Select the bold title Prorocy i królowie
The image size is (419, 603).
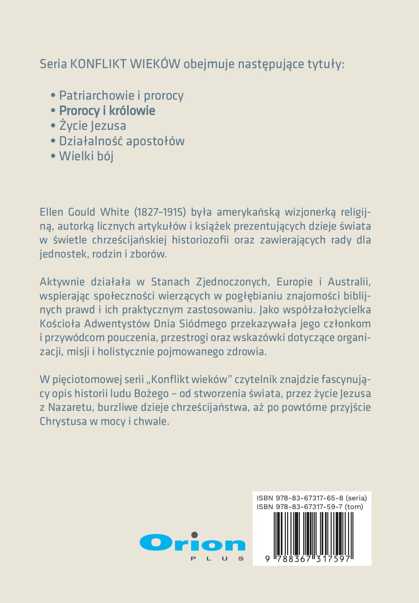click(x=107, y=111)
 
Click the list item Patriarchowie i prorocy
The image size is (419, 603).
click(x=121, y=96)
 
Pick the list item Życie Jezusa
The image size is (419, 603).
click(x=93, y=126)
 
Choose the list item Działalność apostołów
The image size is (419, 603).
click(x=122, y=141)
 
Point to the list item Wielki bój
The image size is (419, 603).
click(x=86, y=156)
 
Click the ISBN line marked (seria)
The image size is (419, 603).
click(x=312, y=498)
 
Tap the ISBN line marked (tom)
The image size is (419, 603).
click(x=310, y=507)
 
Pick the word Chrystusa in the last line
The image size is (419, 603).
click(x=63, y=421)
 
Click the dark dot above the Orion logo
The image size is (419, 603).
click(x=194, y=534)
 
